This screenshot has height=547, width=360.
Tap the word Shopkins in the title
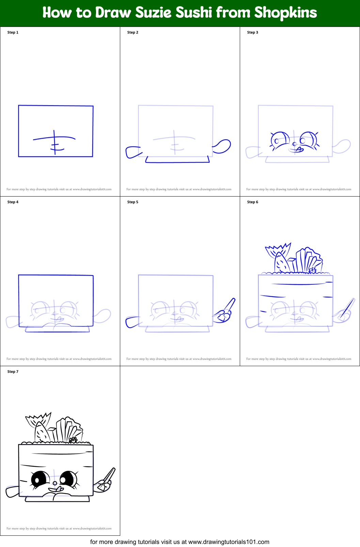click(x=285, y=13)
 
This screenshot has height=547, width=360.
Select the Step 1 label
click(x=13, y=32)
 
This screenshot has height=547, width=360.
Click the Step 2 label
click(x=132, y=32)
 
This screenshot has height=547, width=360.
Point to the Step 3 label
click(x=252, y=32)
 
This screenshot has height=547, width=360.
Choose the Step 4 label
click(x=13, y=202)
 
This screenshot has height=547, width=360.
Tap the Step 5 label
click(x=132, y=202)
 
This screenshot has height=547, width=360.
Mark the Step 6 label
click(x=252, y=202)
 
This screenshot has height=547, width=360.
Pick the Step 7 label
click(x=13, y=372)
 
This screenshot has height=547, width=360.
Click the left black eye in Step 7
click(x=38, y=479)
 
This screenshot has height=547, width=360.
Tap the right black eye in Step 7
click(x=67, y=479)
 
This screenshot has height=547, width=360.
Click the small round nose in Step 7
click(x=55, y=483)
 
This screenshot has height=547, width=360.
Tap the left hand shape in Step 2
click(x=133, y=152)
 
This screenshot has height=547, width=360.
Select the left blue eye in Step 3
click(x=280, y=140)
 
